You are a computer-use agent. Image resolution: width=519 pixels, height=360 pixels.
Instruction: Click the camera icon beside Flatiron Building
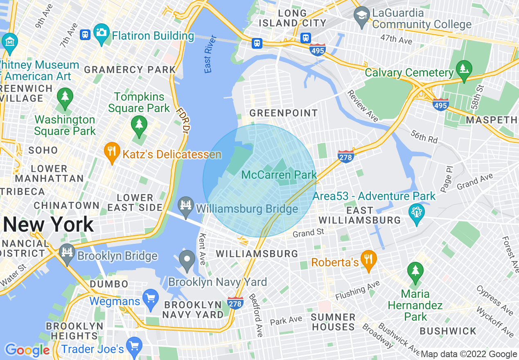pos(101,32)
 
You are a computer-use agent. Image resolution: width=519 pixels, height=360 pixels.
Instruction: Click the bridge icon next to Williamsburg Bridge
pos(186,205)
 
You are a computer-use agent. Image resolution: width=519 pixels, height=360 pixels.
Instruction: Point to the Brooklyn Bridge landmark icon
pos(66,251)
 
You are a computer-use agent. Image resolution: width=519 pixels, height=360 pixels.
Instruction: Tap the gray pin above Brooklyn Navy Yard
pos(188,259)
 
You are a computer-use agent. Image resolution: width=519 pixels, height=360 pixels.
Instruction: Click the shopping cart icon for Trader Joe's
pos(134,346)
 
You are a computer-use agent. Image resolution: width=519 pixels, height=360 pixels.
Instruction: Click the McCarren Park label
pos(279,175)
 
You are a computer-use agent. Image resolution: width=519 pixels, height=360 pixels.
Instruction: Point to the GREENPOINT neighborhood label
pos(283,113)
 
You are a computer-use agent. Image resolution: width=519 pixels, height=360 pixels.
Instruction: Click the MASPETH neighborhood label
pos(492,120)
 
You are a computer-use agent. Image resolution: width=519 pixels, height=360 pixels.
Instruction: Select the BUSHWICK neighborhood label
pos(448,331)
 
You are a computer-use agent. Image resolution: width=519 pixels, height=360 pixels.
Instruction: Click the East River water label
pos(210,54)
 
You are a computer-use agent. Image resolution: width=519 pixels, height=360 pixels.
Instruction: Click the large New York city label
pos(48,225)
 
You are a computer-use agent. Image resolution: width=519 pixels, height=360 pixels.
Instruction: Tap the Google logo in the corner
pos(27,350)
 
